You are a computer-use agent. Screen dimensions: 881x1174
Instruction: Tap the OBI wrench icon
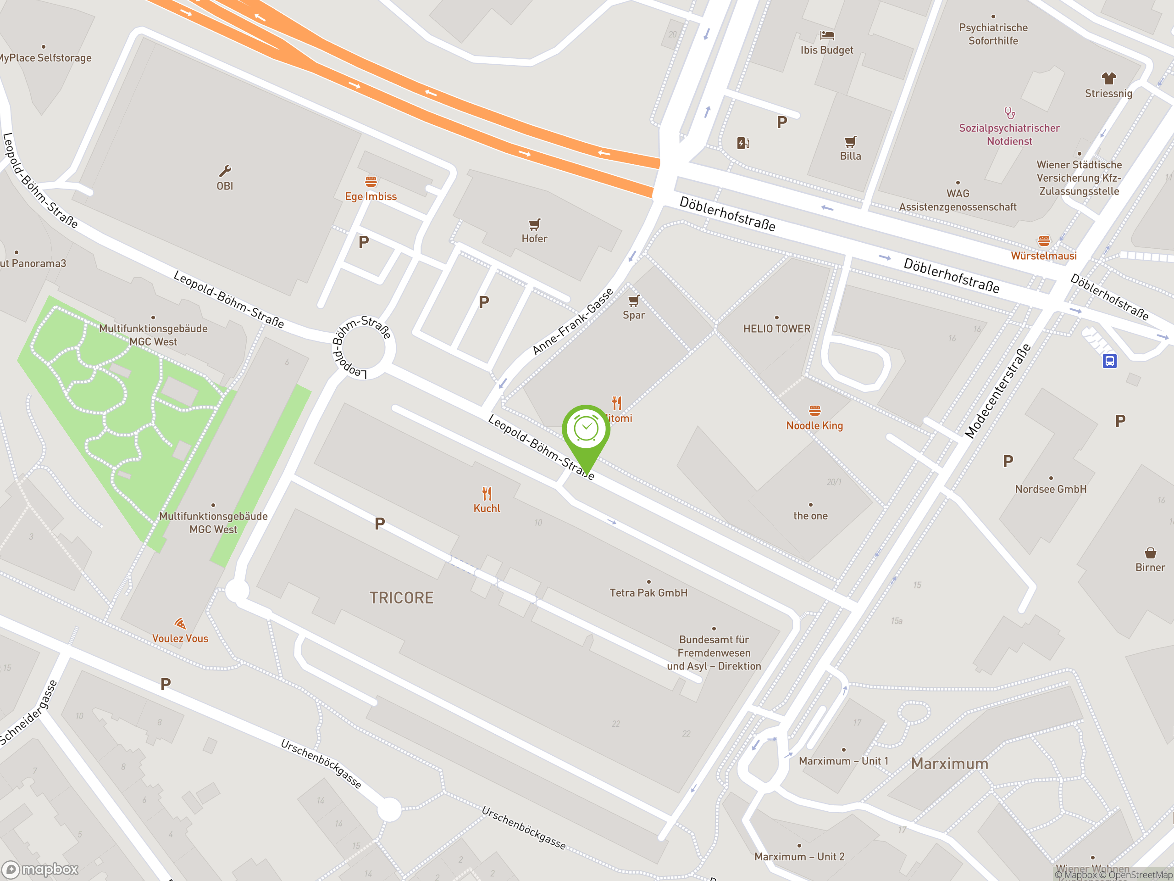[x=225, y=171]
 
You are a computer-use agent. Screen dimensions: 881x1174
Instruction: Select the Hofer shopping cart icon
[x=534, y=224]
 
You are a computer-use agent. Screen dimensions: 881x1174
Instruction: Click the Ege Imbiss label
[x=371, y=196]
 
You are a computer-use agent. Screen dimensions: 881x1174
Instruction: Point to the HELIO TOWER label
[x=776, y=329]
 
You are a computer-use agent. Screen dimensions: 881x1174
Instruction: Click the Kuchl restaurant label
[x=487, y=508]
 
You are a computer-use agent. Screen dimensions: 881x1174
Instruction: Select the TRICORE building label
[x=401, y=598]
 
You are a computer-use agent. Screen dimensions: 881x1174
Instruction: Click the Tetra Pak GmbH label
[x=648, y=593]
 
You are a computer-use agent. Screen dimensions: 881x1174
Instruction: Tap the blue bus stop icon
[x=1109, y=361]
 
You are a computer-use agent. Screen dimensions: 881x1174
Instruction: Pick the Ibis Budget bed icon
[x=827, y=36]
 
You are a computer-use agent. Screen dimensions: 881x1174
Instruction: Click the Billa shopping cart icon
[x=850, y=142]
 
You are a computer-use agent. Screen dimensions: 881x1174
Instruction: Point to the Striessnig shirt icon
[x=1108, y=78]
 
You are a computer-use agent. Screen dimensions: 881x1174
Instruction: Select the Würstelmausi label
[x=1043, y=256]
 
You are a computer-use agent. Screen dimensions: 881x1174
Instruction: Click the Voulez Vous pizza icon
[x=180, y=624]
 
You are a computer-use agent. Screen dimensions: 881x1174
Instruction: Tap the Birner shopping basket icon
[x=1150, y=553]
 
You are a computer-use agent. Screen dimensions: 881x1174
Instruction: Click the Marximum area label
[x=949, y=764]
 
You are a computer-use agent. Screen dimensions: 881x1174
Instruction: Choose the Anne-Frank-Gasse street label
[x=573, y=321]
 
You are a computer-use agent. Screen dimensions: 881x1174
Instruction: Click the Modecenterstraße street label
[x=998, y=391]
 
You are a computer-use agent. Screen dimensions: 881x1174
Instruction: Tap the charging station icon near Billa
[x=742, y=143]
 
